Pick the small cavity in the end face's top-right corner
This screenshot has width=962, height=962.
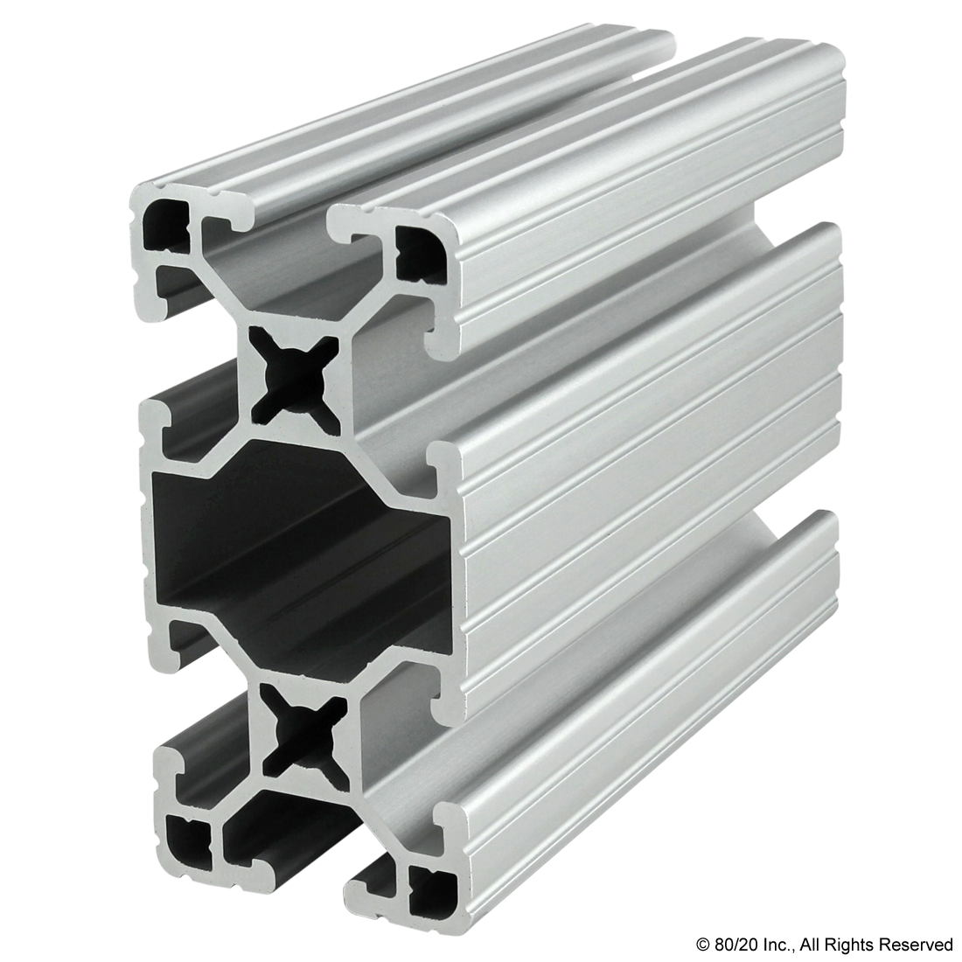pos(420,253)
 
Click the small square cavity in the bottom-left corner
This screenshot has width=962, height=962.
pos(190,835)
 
